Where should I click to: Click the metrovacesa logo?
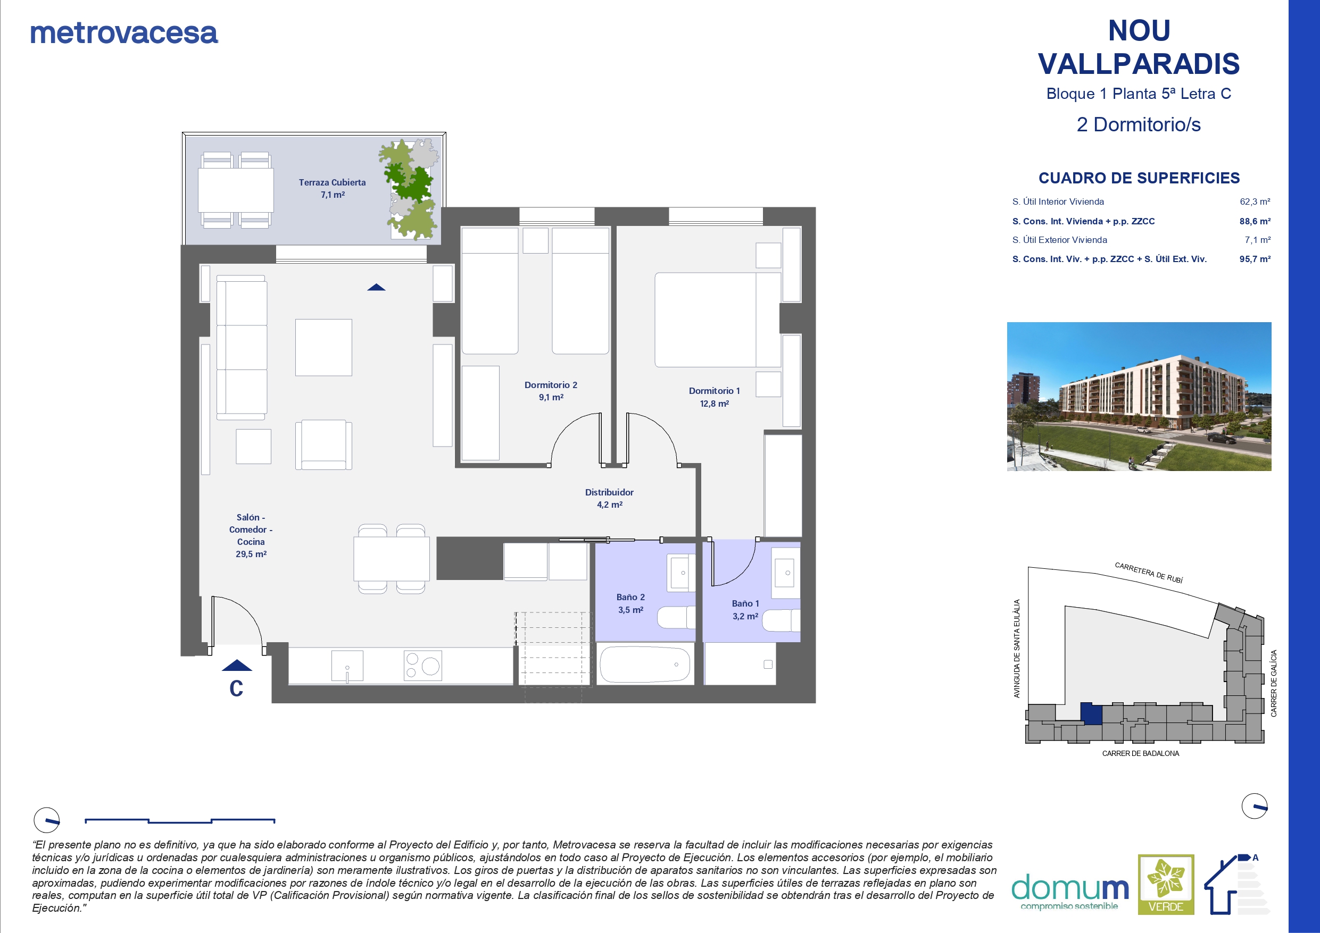pyautogui.click(x=124, y=33)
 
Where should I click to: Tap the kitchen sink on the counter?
pyautogui.click(x=347, y=666)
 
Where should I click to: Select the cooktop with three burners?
pyautogui.click(x=422, y=665)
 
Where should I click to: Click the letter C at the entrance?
pyautogui.click(x=236, y=688)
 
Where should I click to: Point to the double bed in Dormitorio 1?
pyautogui.click(x=718, y=320)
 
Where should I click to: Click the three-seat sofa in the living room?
pyautogui.click(x=242, y=348)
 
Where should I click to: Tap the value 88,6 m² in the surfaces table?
pyautogui.click(x=1255, y=221)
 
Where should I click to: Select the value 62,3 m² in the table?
pyautogui.click(x=1255, y=201)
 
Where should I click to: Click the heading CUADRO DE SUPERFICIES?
pyautogui.click(x=1139, y=178)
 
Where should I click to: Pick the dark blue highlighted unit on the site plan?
pyautogui.click(x=1091, y=713)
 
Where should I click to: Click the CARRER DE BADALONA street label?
pyautogui.click(x=1141, y=753)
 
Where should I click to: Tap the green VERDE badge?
pyautogui.click(x=1166, y=884)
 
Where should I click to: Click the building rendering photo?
pyautogui.click(x=1139, y=397)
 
